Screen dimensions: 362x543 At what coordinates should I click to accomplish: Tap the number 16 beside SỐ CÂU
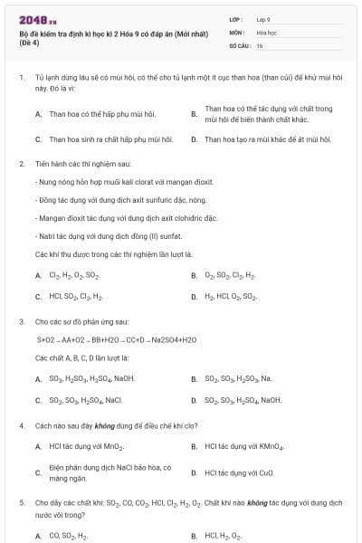point(260,44)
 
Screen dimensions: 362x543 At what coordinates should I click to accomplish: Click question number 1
point(21,79)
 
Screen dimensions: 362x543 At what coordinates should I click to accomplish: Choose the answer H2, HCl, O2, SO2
point(231,296)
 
